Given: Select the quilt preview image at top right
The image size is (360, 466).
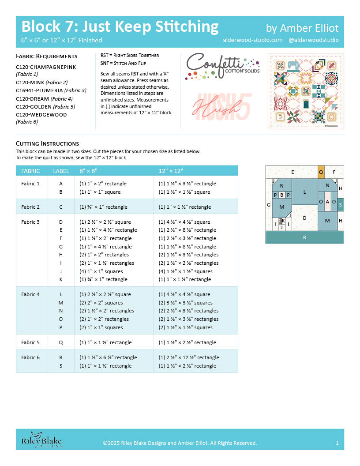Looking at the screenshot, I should (306, 91).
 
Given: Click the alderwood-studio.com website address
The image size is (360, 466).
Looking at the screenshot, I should (253, 40).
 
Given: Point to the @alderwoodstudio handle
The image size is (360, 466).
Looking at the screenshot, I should (313, 40).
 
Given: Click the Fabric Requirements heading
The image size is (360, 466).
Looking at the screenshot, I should (47, 56).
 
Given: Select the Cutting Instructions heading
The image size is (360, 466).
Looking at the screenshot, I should (47, 143).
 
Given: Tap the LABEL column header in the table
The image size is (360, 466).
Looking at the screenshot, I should (61, 171).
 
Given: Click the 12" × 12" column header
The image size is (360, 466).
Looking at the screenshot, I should (171, 171).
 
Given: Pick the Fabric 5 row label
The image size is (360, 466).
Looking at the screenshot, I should (30, 342).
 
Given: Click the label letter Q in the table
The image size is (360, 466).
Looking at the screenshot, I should (61, 342).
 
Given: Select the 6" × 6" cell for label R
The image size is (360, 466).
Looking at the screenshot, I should (108, 357).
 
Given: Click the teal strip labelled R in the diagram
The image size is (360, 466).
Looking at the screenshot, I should (304, 237).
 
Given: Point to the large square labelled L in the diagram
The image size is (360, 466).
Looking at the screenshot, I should (304, 192).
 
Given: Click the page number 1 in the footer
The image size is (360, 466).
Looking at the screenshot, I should (337, 443).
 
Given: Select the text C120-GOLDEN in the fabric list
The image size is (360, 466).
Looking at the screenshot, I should (34, 106).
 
